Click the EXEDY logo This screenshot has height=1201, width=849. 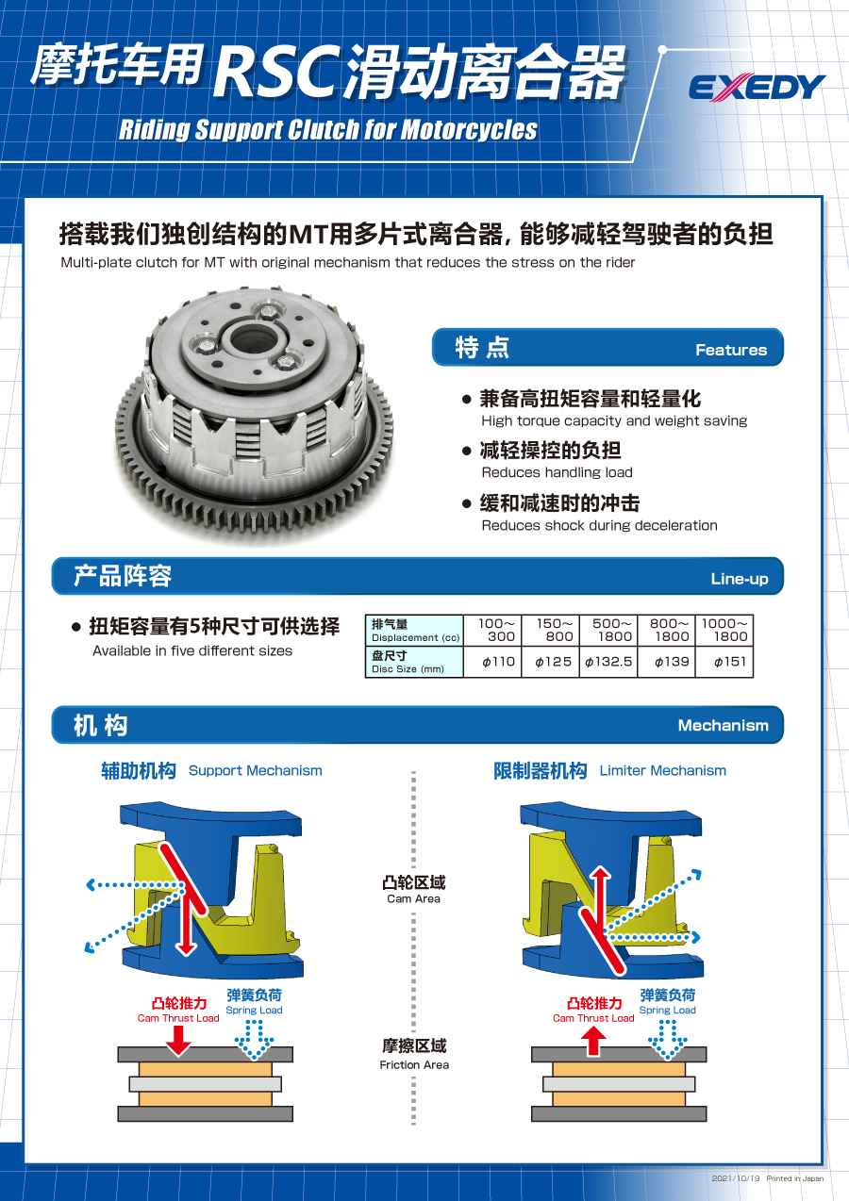tap(757, 88)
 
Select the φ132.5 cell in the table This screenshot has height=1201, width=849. tap(608, 662)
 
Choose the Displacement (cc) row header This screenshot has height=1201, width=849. tap(415, 631)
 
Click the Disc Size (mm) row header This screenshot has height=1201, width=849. tap(415, 662)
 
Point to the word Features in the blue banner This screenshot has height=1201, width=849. tap(731, 350)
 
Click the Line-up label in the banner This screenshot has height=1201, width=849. tap(740, 579)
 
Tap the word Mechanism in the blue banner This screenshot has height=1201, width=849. tap(723, 726)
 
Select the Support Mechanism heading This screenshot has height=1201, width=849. tap(212, 771)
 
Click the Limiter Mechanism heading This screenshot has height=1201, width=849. tap(610, 771)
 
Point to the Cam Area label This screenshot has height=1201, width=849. tap(413, 890)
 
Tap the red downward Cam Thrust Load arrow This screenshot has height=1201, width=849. tap(178, 1039)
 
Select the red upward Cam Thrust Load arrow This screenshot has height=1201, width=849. tap(593, 1040)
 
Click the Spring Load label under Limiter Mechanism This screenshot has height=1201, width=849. tap(668, 1002)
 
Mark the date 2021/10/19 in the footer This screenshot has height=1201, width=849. tap(736, 1178)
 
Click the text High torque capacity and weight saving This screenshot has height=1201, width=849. tap(614, 421)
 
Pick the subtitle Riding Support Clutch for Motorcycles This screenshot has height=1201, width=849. tap(328, 130)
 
